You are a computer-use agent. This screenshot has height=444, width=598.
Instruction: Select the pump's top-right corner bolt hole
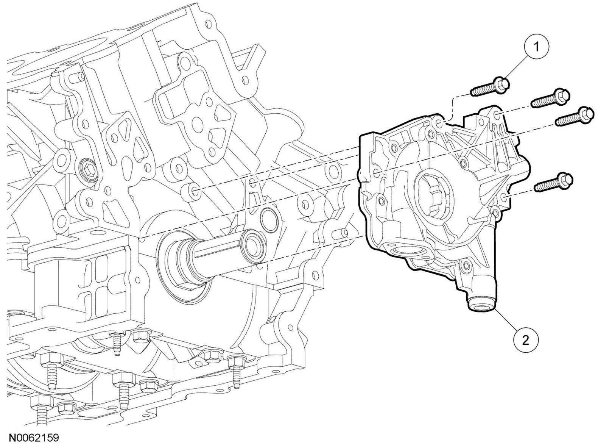click(496, 116)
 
